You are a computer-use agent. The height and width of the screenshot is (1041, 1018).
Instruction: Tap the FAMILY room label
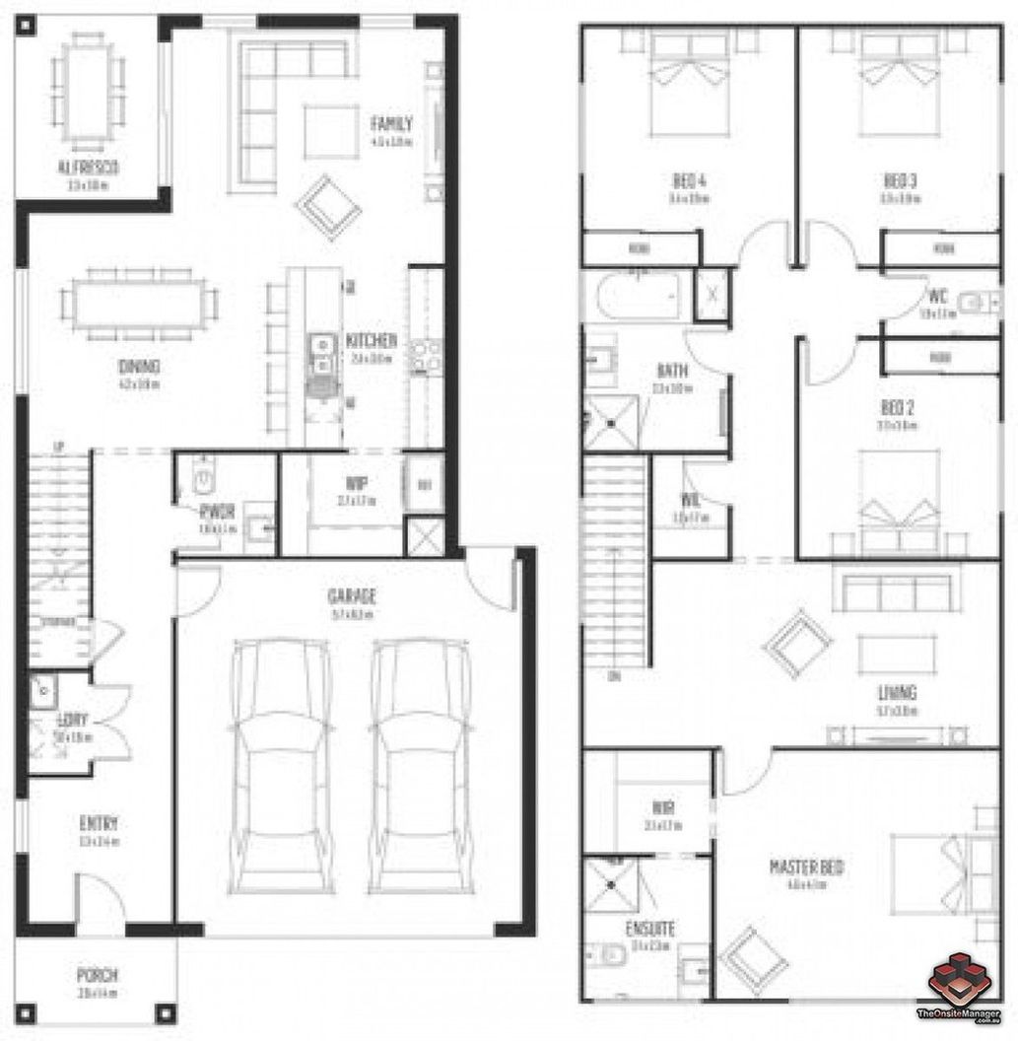391,124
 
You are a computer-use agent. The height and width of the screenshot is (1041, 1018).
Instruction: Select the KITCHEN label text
372,341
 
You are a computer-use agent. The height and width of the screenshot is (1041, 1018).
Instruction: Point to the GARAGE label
353,596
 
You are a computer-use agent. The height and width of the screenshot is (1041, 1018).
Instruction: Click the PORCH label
98,976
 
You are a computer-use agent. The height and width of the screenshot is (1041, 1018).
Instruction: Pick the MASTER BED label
806,867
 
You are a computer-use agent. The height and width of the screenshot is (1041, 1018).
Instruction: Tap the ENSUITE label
650,929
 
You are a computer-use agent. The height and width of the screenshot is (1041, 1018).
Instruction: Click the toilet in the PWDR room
202,478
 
